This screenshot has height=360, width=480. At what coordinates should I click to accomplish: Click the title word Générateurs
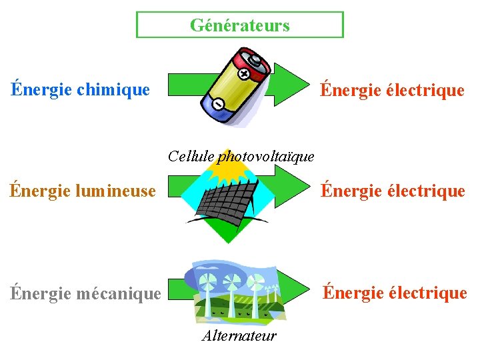coord(240,25)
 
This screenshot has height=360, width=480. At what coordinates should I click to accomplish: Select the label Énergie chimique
coord(80,89)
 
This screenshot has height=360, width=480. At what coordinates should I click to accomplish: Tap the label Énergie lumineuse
coord(83,191)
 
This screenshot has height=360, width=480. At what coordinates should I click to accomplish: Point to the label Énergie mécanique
coord(85,293)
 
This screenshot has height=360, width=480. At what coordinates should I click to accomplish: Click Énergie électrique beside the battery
coord(392,90)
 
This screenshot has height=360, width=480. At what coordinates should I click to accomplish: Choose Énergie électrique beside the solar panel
coord(392,191)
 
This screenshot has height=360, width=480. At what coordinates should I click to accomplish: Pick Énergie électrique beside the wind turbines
coord(395,293)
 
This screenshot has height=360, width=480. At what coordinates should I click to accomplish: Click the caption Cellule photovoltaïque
coord(241,156)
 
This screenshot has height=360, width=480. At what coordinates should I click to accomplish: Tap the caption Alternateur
coord(239,335)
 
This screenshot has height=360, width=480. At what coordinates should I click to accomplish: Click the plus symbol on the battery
coord(244,73)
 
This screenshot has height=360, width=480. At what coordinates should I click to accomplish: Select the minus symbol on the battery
coord(217,104)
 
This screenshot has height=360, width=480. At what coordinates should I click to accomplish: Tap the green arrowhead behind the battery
coord(288,85)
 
